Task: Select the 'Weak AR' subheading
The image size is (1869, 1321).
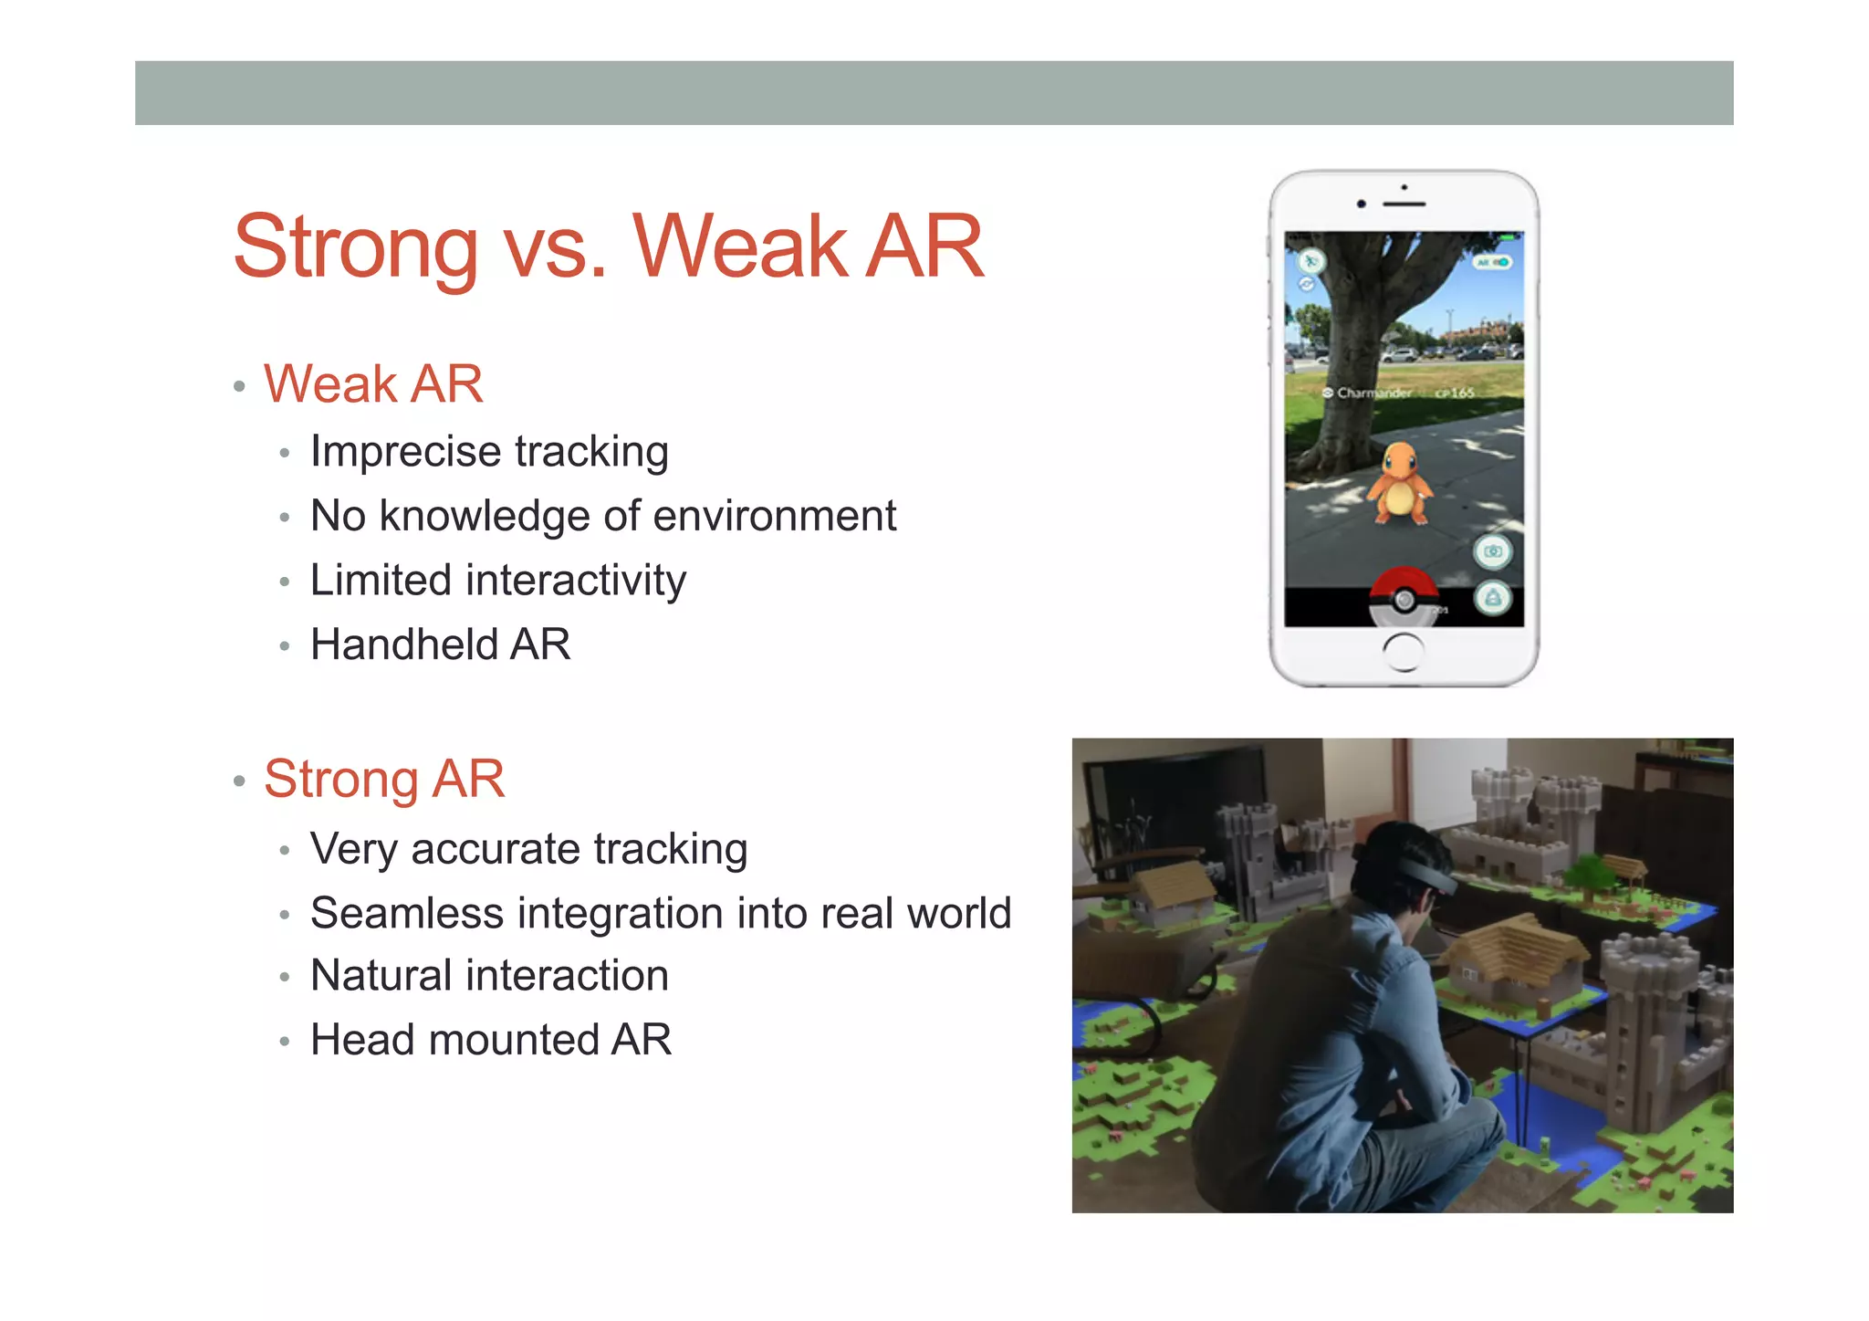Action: coord(373,383)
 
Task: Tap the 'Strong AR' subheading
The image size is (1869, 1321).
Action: coord(384,779)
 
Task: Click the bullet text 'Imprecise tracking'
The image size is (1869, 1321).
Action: coord(489,451)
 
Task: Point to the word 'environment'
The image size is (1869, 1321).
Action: coord(775,516)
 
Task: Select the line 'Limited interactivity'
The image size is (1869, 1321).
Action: coord(498,581)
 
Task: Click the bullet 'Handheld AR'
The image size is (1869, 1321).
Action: coord(441,645)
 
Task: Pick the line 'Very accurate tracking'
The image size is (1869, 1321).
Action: coord(528,849)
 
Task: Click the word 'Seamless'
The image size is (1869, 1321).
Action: coord(406,913)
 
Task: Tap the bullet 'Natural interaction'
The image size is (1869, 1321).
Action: coord(489,975)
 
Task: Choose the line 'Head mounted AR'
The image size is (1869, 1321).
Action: coord(491,1040)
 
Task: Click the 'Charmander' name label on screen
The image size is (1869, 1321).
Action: coord(1373,393)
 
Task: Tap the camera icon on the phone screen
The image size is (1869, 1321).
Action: coord(1493,551)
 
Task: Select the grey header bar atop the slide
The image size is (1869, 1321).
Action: coord(934,93)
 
